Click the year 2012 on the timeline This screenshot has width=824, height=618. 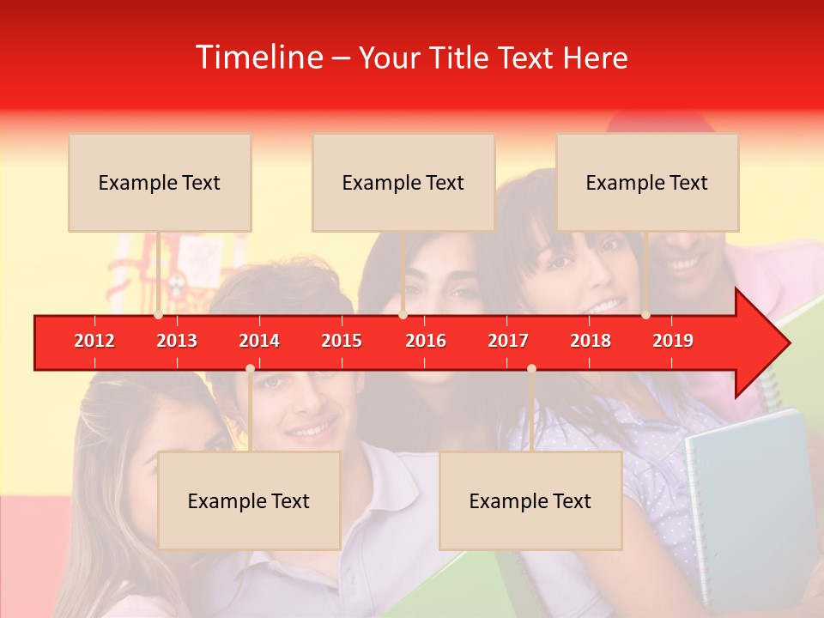click(x=94, y=341)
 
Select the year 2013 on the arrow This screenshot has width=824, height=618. click(x=177, y=341)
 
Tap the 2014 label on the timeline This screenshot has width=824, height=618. click(x=259, y=341)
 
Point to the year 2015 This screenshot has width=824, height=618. click(x=342, y=341)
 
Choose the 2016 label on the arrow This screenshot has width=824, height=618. click(x=426, y=341)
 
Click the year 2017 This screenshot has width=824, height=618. click(x=508, y=341)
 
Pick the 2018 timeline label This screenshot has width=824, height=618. click(x=591, y=341)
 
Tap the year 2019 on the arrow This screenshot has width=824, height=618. click(x=673, y=341)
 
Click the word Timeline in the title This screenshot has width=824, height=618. click(x=258, y=58)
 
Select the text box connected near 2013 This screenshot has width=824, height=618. click(x=160, y=183)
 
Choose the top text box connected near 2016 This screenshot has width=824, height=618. click(x=403, y=183)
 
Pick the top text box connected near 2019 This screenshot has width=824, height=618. click(x=647, y=183)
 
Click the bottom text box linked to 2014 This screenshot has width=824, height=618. click(x=249, y=501)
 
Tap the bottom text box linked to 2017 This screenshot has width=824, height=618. click(x=530, y=501)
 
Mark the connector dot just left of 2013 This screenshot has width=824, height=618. click(x=158, y=315)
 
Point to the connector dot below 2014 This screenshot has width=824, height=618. click(x=250, y=369)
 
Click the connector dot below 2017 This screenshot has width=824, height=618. click(x=531, y=369)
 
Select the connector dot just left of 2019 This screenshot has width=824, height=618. click(x=645, y=315)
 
